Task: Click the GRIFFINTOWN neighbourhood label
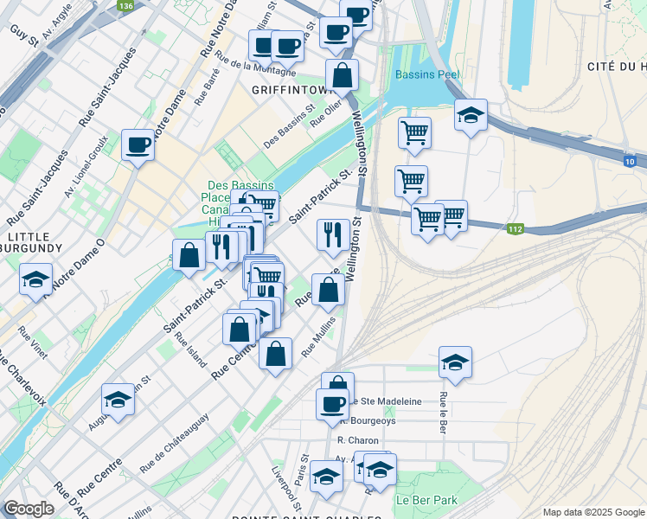[x=286, y=89]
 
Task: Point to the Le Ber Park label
[x=426, y=500]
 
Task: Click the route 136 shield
[x=126, y=5]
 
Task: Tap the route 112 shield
[x=516, y=228]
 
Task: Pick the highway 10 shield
[x=630, y=160]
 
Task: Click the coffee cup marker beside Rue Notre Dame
[x=138, y=144]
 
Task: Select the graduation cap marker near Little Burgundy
[x=36, y=279]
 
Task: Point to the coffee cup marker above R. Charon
[x=331, y=403]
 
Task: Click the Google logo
[x=29, y=509]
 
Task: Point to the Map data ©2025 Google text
[x=594, y=511]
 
